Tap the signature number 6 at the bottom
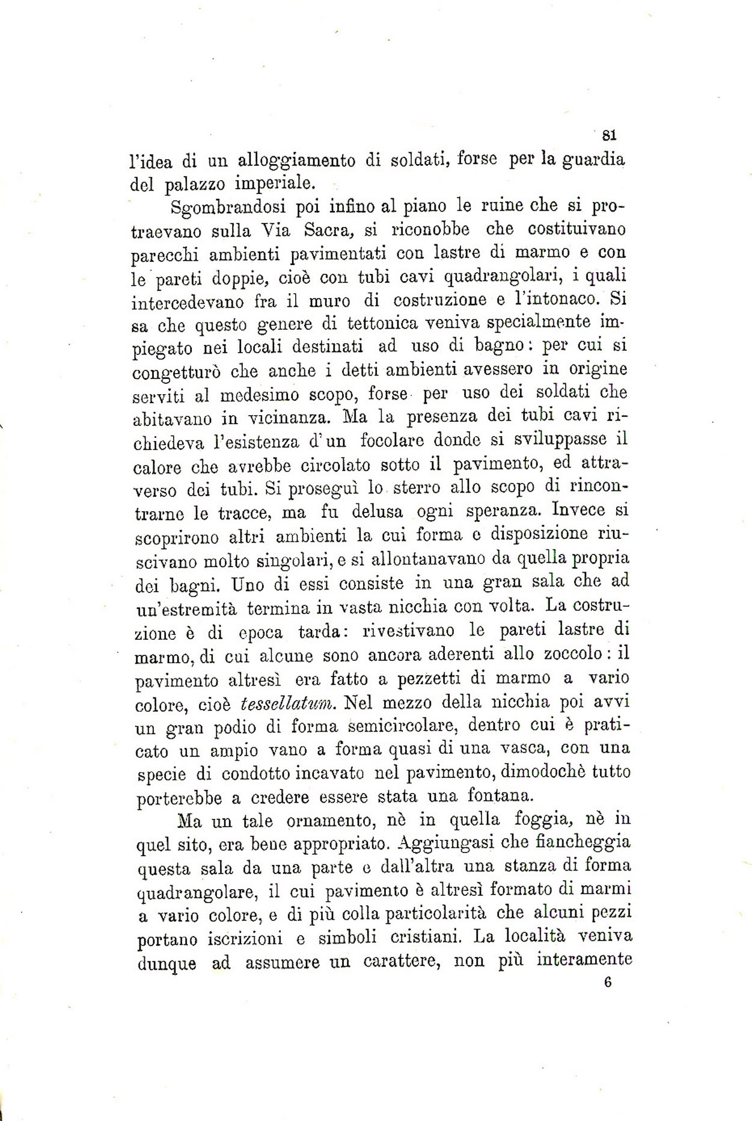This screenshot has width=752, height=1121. [608, 983]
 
